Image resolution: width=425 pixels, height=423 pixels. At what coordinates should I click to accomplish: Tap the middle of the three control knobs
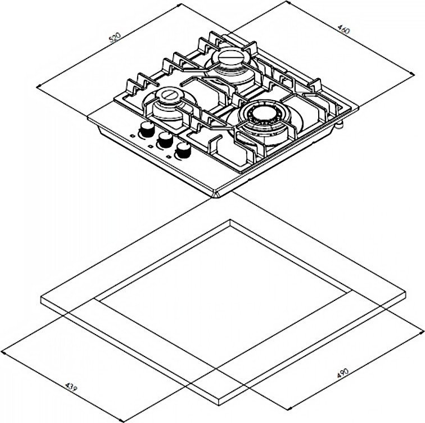[165, 139]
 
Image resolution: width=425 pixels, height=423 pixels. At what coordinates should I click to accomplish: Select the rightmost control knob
[183, 149]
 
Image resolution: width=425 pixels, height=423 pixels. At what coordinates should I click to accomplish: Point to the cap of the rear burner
[230, 57]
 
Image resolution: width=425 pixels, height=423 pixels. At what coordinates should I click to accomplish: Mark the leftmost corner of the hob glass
[88, 119]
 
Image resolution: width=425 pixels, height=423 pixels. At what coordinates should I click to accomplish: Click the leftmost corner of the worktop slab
[41, 299]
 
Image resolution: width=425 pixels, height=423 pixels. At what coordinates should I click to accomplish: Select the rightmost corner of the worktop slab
[406, 293]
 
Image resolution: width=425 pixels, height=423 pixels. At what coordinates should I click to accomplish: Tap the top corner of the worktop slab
[229, 219]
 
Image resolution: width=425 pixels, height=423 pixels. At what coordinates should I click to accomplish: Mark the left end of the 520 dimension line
[37, 86]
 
